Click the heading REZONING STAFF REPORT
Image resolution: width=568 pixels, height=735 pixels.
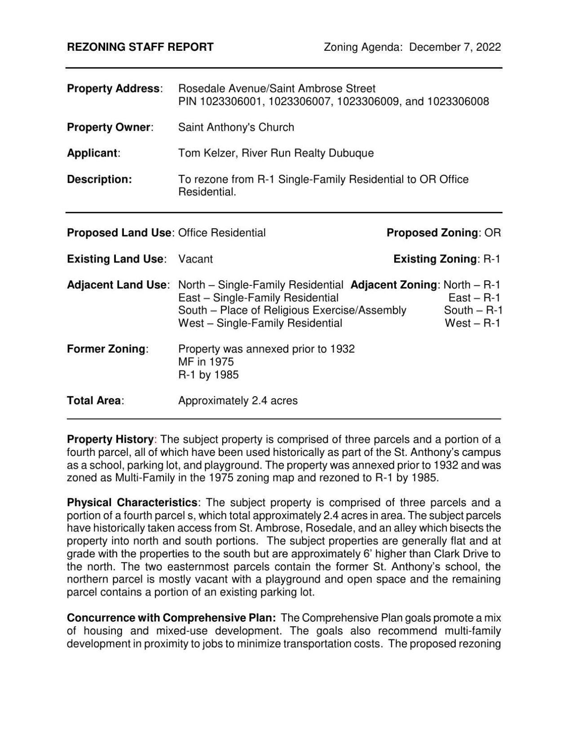click(x=140, y=47)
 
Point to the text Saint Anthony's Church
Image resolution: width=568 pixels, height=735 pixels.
click(x=236, y=127)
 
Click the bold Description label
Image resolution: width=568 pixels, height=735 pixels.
click(x=99, y=179)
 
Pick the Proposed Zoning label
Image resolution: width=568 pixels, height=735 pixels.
click(x=432, y=233)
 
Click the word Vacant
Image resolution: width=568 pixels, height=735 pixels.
click(x=195, y=259)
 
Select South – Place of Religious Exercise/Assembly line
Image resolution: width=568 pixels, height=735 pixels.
click(x=292, y=311)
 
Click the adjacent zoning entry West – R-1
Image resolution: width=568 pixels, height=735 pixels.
click(x=472, y=323)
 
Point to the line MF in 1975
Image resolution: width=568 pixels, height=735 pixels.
click(x=206, y=362)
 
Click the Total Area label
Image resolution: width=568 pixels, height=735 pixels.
click(x=95, y=401)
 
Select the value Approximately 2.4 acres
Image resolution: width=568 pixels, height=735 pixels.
click(x=238, y=401)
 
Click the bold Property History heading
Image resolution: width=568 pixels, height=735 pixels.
click(x=110, y=439)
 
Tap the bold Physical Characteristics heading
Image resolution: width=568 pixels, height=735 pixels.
click(x=132, y=502)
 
